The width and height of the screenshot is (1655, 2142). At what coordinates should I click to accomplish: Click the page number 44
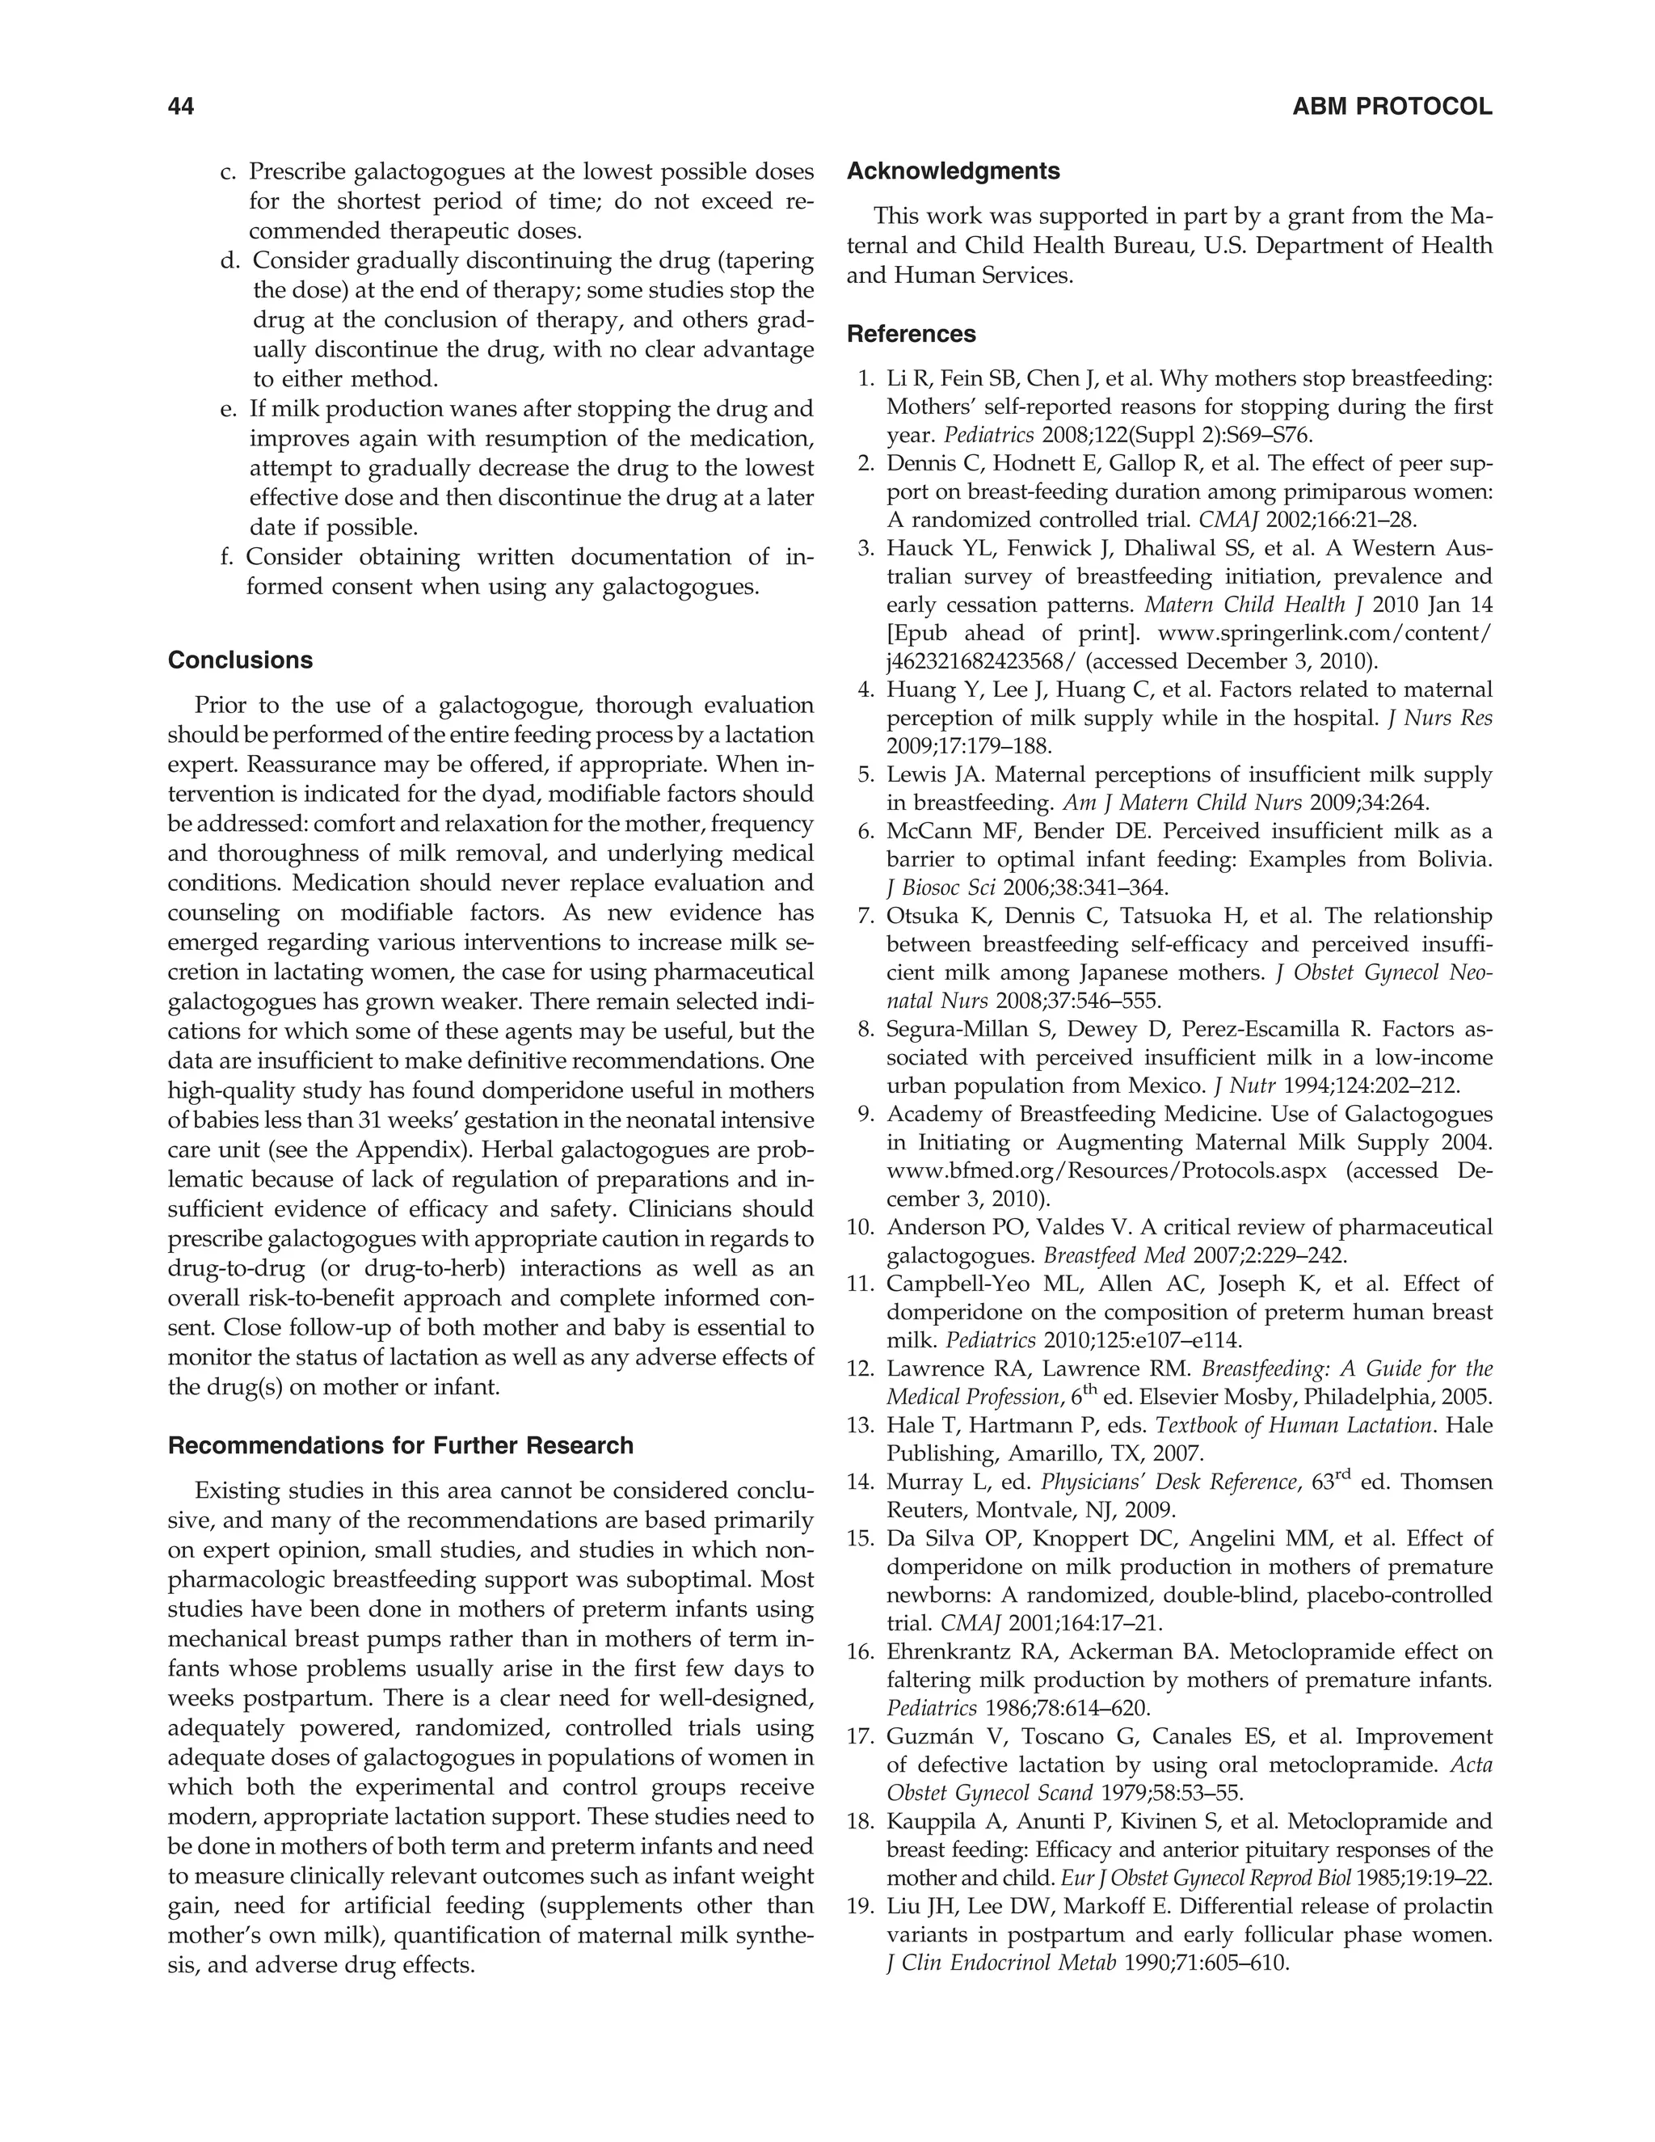coord(181,107)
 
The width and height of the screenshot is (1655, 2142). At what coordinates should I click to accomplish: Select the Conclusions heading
coord(240,660)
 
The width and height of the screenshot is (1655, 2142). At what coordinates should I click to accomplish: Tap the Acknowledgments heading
coord(953,171)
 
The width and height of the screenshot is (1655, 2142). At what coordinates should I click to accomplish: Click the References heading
coord(911,334)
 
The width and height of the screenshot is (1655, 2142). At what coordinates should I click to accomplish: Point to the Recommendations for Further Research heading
coord(401,1446)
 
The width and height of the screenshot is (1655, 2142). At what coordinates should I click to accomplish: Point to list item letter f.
coord(227,557)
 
